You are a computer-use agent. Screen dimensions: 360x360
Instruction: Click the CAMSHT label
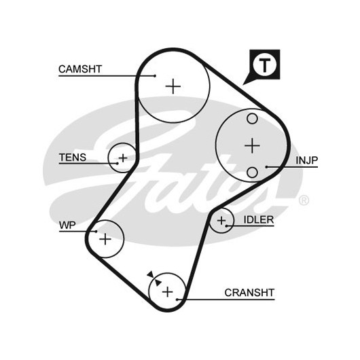point(80,69)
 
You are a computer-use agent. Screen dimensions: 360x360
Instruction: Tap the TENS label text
point(73,158)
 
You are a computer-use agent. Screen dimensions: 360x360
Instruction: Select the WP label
point(67,226)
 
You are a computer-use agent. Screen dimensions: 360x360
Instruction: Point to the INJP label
point(307,160)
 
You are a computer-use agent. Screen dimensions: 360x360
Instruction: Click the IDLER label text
point(259,219)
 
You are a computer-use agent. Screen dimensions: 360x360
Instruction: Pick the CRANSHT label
point(249,293)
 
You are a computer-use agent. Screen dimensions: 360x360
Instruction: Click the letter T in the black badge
point(264,65)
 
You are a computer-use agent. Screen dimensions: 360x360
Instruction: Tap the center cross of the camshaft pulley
point(173,86)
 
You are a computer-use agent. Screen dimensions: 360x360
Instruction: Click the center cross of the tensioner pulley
point(123,158)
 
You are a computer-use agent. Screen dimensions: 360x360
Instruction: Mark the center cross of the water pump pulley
point(105,239)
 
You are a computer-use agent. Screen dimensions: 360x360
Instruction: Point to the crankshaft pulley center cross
point(167,291)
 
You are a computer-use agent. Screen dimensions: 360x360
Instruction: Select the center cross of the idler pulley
point(221,221)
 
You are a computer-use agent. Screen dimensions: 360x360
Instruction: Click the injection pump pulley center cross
point(252,145)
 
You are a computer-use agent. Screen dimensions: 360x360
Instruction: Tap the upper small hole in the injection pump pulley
point(252,119)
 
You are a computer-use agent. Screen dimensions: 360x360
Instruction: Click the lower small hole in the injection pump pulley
point(252,173)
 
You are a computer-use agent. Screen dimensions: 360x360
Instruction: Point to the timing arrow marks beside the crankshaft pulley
point(154,278)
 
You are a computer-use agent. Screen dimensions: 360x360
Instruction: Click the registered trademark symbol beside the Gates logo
point(304,200)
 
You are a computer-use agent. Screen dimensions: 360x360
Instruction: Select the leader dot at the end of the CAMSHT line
point(155,76)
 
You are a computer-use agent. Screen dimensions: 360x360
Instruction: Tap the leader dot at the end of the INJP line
point(266,166)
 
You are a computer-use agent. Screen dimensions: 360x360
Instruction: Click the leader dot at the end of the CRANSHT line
point(177,300)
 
